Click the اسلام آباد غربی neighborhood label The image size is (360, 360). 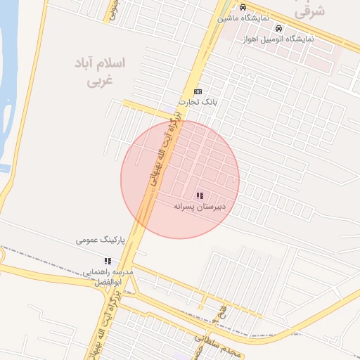[x=100, y=72]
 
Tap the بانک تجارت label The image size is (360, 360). [x=198, y=102]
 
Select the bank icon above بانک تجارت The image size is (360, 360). [x=198, y=91]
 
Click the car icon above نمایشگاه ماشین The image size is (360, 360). [x=243, y=8]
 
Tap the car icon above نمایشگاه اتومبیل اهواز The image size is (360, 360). [x=278, y=29]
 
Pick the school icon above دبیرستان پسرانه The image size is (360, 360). [x=200, y=195]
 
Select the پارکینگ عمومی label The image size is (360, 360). [x=101, y=240]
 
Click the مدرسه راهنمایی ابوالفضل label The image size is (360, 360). [x=108, y=276]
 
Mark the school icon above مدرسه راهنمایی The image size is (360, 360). [x=108, y=261]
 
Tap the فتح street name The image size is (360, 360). [x=223, y=309]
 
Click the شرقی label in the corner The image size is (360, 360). [x=309, y=11]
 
